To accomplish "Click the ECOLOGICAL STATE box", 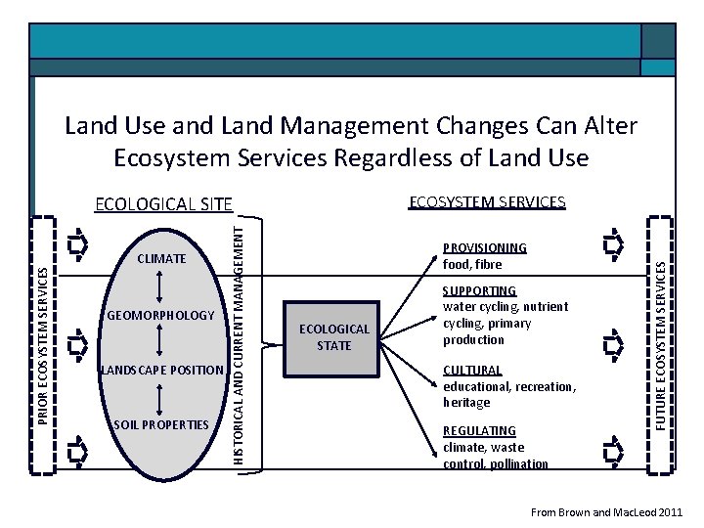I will coord(334,337).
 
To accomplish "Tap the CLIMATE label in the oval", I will coord(161,259).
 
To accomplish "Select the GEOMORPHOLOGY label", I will coord(159,316).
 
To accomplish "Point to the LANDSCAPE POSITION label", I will coord(162,370).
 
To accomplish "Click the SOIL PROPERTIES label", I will coord(162,424).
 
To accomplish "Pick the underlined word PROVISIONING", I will coord(485,248).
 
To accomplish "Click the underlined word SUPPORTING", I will coord(479,291).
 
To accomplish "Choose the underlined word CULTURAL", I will coord(472,371).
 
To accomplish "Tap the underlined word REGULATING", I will coord(479,431).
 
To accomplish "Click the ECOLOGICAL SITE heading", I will coord(163,204).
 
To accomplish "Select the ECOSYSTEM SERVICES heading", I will coord(487,202).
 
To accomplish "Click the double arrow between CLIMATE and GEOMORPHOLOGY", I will coord(159,286).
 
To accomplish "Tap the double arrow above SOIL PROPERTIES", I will coord(159,397).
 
